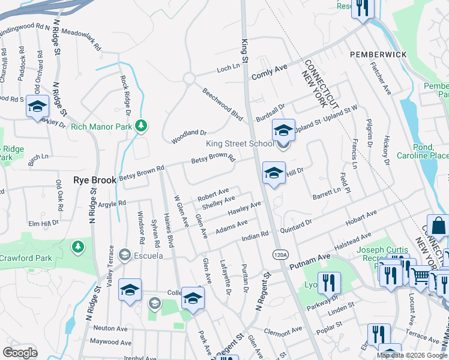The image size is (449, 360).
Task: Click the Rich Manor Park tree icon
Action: (141, 126)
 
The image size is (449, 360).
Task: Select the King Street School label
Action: (240, 143)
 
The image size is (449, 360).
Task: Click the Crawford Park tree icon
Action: (77, 246)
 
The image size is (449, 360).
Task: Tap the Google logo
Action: (20, 353)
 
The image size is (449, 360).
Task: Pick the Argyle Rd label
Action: (113, 203)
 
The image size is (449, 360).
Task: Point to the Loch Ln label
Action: (228, 69)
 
